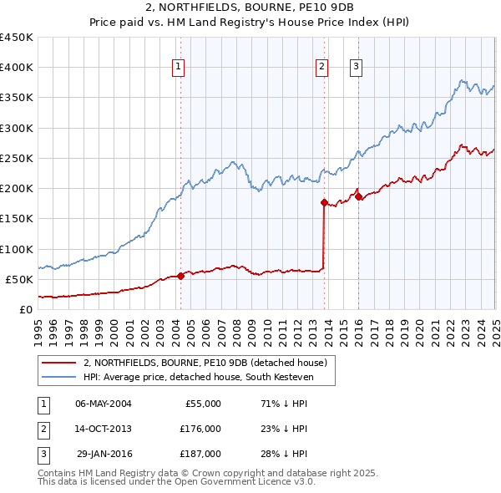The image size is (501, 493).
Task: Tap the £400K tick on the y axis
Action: point(18,68)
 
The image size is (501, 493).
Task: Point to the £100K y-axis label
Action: point(18,249)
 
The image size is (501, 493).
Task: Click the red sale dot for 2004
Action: point(180,276)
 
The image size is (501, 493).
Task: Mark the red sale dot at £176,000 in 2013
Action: point(324,202)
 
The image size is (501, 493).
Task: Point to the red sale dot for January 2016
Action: point(358,196)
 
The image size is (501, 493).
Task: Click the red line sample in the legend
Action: point(59,363)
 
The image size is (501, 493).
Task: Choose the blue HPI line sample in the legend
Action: point(59,377)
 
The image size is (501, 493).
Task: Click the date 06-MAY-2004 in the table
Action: point(104,404)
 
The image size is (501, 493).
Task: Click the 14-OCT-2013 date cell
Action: point(104,429)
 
